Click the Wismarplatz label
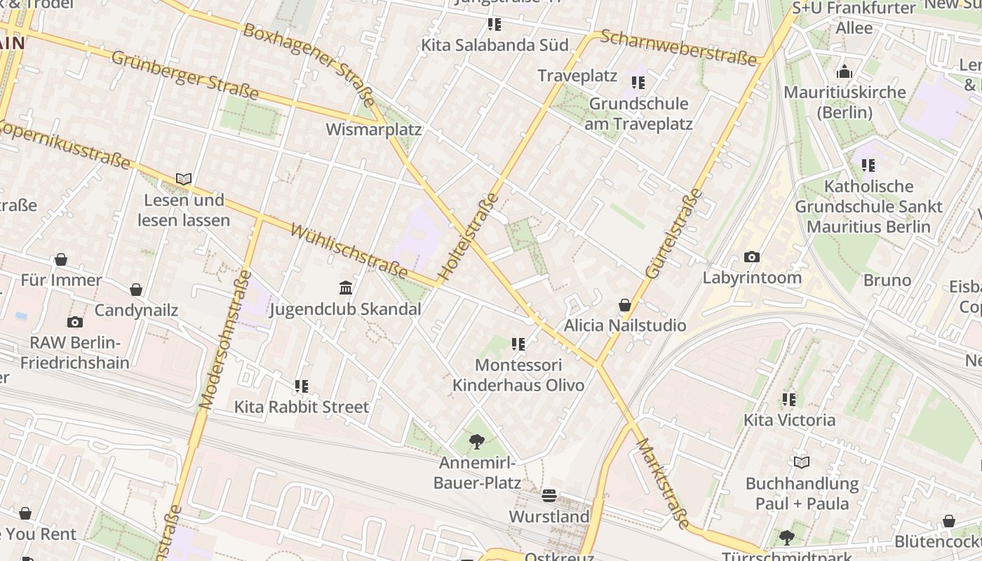374,130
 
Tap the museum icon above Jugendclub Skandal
345,288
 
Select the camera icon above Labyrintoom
752,257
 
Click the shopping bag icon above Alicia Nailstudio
624,305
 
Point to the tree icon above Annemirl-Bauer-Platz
477,442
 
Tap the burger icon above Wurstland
549,496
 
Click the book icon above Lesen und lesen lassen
184,180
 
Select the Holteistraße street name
469,237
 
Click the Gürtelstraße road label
673,234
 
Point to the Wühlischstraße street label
349,250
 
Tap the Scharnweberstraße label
679,47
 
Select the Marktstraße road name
663,484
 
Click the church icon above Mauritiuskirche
845,72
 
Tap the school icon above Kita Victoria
789,400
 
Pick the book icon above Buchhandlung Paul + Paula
802,462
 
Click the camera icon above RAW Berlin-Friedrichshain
74,323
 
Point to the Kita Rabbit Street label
302,407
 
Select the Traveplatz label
577,76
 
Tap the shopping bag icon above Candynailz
136,290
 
